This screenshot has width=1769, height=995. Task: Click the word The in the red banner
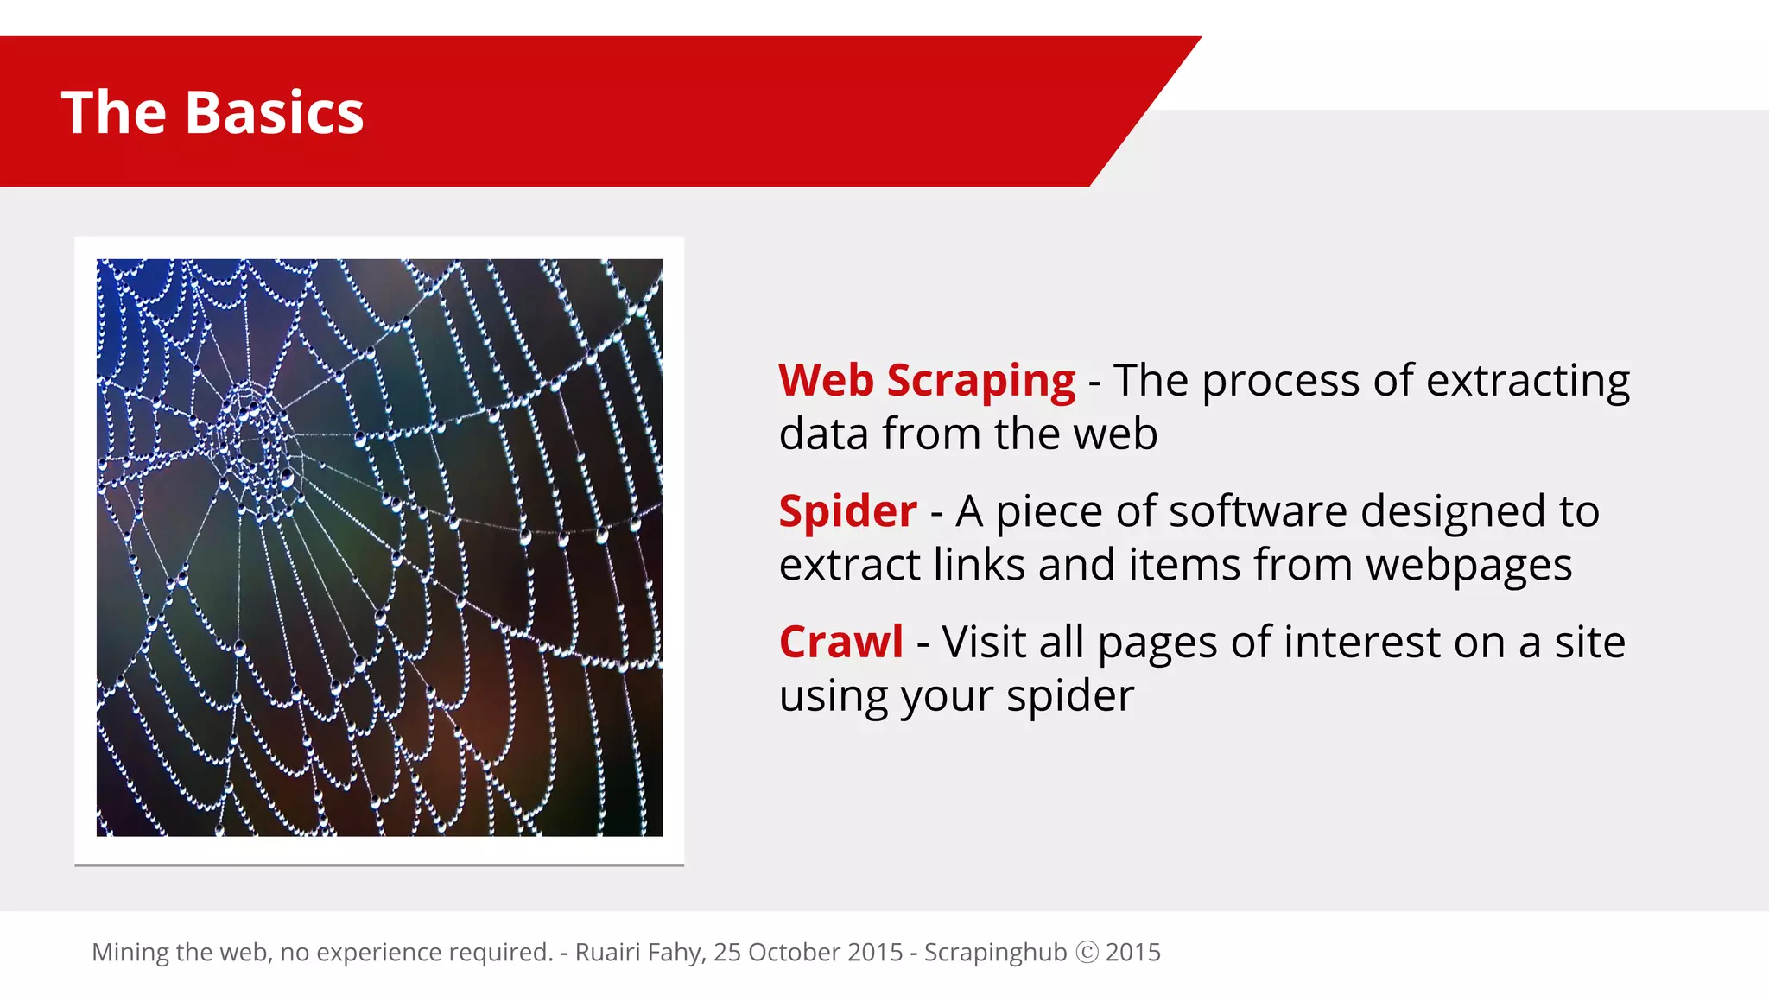[x=113, y=113]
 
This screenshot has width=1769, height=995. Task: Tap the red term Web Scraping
[x=927, y=381]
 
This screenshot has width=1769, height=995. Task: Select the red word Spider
[x=847, y=511]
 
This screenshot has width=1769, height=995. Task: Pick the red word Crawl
[x=840, y=643]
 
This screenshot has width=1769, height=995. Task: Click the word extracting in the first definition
[x=1528, y=381]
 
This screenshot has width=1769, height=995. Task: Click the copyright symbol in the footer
[x=1087, y=952]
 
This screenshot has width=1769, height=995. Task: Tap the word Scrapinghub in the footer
[x=995, y=952]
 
